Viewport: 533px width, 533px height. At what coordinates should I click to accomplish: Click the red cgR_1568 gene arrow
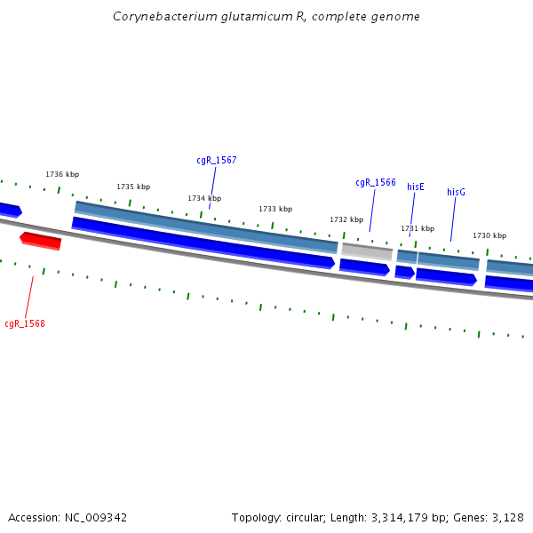tap(41, 241)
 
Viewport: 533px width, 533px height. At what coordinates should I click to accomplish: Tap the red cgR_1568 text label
tap(25, 323)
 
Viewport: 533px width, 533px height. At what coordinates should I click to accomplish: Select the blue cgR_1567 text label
tap(216, 161)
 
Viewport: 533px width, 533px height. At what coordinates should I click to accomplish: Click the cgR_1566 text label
tap(376, 183)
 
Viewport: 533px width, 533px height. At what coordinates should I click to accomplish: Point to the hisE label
tap(416, 187)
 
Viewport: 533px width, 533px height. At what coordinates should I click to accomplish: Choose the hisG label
tap(456, 192)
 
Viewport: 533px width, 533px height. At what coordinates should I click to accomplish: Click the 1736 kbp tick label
tap(62, 175)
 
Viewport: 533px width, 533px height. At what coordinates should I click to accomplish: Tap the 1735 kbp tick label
tap(133, 187)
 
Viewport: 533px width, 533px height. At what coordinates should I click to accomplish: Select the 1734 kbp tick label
tap(204, 198)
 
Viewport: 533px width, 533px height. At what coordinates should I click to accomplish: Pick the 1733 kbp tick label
tap(275, 209)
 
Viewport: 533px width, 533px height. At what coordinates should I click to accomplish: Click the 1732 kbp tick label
tap(346, 219)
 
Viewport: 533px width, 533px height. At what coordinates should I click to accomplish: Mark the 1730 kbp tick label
tap(489, 235)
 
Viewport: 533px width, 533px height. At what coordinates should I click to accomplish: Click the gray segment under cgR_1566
tap(367, 251)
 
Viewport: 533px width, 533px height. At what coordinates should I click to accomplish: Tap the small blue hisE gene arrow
tap(404, 271)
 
